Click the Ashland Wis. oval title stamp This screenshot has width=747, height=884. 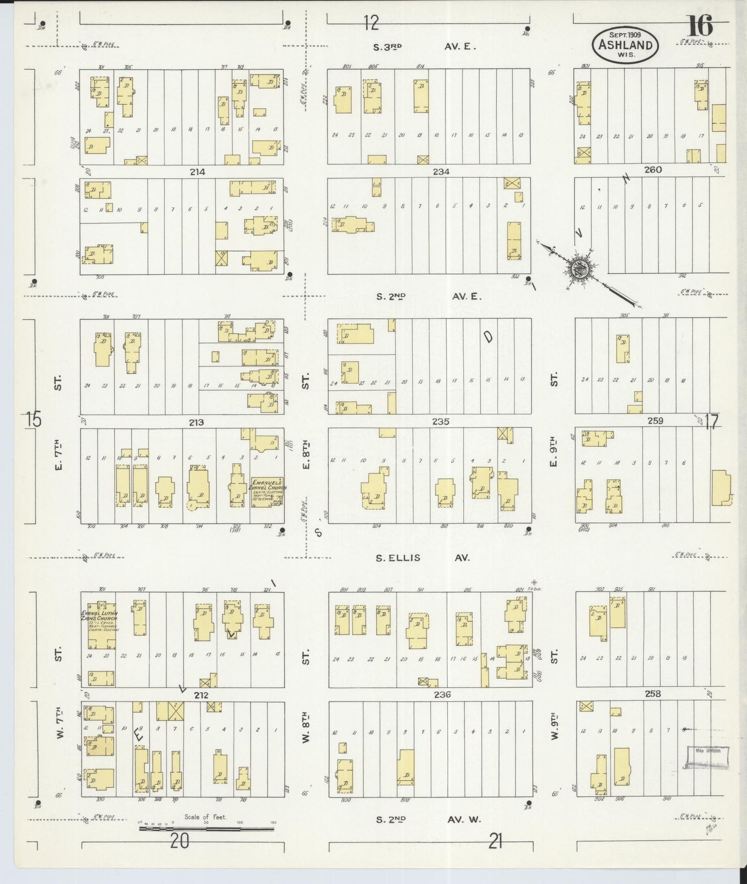click(626, 44)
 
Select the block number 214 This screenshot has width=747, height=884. click(197, 172)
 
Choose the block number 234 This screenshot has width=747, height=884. click(441, 172)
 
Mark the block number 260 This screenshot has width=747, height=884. click(652, 170)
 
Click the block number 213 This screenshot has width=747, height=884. click(196, 422)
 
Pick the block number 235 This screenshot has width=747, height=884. click(440, 421)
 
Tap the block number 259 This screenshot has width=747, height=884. click(655, 421)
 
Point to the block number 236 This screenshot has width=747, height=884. click(443, 694)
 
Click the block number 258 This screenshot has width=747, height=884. click(652, 694)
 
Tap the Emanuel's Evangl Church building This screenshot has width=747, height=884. click(267, 492)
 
